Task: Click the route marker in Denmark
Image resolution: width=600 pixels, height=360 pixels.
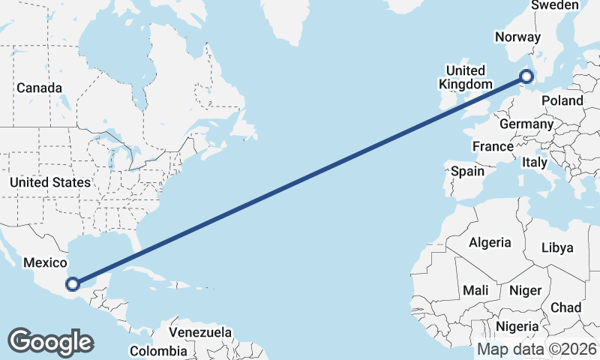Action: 526,76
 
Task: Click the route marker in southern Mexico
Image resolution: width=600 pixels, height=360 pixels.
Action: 73,283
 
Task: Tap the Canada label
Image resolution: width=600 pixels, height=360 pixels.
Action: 39,88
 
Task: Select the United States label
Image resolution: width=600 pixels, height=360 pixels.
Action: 50,182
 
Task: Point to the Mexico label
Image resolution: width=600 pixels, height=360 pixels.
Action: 46,262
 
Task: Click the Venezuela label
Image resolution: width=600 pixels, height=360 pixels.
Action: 199,331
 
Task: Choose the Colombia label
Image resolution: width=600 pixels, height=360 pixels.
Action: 158,350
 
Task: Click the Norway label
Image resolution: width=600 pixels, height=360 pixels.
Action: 517,37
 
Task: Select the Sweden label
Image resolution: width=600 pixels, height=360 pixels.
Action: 555,5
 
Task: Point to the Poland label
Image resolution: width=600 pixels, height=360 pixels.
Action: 562,100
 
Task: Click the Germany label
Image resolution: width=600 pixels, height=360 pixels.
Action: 526,124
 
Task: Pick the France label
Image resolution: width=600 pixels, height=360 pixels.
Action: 493,146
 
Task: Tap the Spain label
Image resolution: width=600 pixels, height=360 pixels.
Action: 467,171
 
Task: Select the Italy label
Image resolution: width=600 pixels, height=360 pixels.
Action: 535,162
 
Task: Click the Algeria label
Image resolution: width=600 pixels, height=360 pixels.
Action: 490,242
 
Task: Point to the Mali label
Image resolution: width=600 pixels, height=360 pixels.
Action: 475,289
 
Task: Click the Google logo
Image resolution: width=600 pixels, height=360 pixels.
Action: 50,341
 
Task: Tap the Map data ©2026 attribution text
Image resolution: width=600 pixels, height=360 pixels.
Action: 536,349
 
